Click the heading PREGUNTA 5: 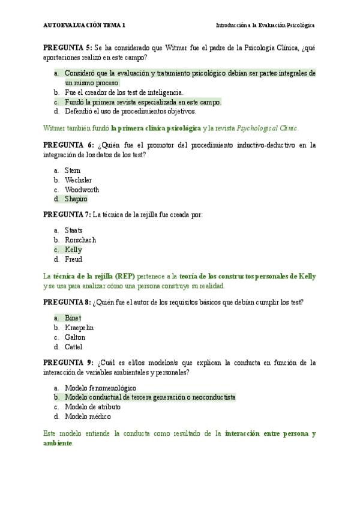coord(67,48)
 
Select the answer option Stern coord(72,170)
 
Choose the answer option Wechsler coord(79,180)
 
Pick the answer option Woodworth coord(82,190)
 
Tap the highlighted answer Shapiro coord(76,199)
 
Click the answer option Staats coord(74,230)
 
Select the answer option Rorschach coord(80,240)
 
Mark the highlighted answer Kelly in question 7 coord(74,250)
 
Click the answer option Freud coord(74,259)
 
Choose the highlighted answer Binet coord(73,318)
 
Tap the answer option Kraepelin coord(79,328)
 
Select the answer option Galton coord(75,337)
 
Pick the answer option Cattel coord(74,347)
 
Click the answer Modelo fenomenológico coord(100,388)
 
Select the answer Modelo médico coord(88,417)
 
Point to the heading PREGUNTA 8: coord(67,303)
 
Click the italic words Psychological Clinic coord(267,128)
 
